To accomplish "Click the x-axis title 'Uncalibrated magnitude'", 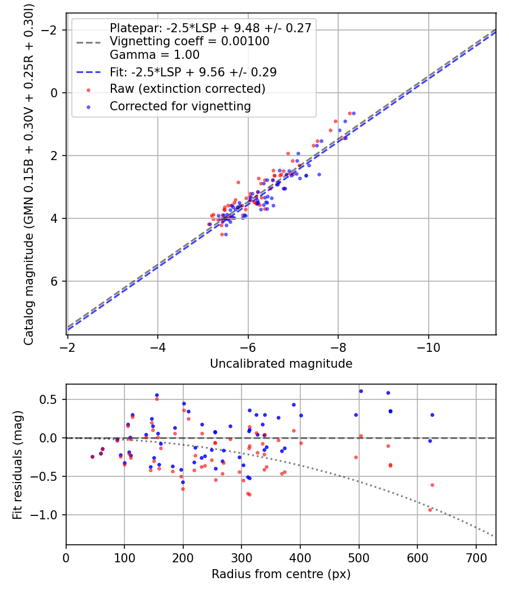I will click(281, 364).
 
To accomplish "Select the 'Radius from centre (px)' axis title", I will click(281, 574).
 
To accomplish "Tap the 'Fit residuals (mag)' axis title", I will click(18, 465).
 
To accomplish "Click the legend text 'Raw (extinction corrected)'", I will click(187, 89).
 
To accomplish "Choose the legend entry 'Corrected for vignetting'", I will click(180, 106).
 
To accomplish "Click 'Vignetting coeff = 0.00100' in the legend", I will click(189, 41).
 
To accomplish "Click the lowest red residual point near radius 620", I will click(430, 510).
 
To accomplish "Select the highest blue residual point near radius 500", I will click(361, 391).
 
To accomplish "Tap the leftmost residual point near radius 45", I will click(92, 457).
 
